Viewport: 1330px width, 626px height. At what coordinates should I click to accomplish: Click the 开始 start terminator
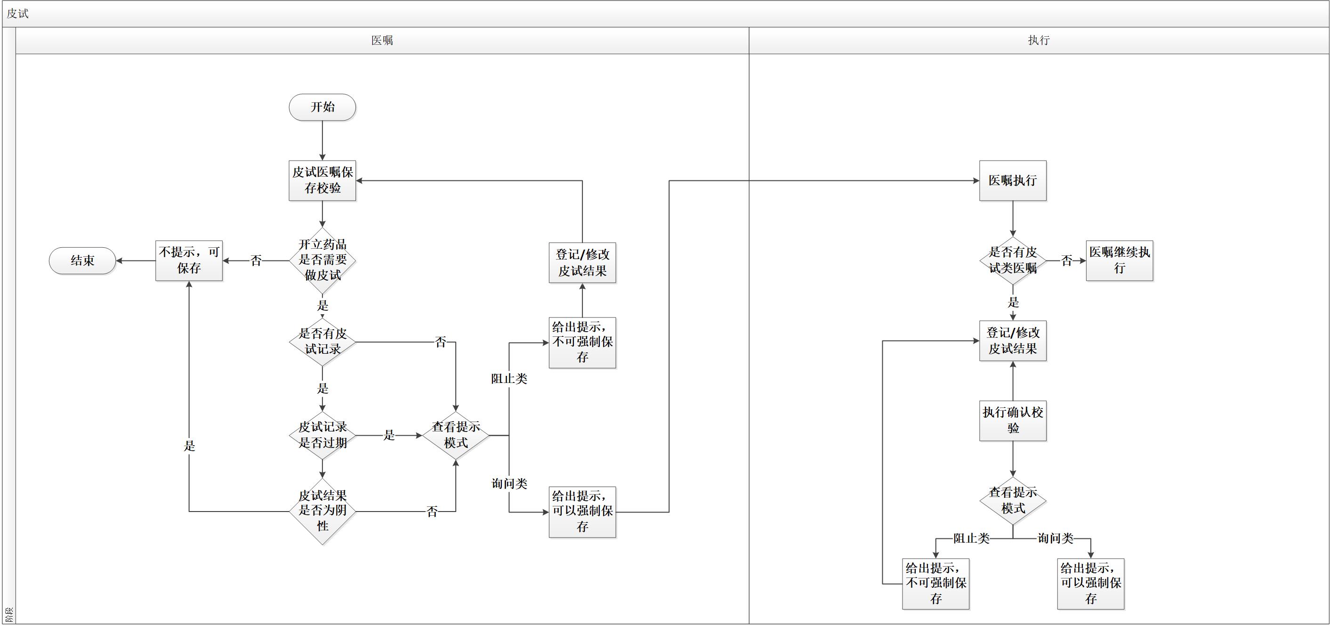[x=322, y=107]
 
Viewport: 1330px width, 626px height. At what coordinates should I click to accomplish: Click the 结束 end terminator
[x=82, y=260]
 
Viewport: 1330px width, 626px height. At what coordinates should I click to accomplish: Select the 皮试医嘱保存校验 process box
[x=322, y=180]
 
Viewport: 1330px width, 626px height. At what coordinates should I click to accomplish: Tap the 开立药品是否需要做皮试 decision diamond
[x=322, y=260]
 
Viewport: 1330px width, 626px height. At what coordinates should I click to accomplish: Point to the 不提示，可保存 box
[x=189, y=260]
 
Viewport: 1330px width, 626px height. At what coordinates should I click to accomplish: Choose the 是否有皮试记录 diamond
[x=322, y=341]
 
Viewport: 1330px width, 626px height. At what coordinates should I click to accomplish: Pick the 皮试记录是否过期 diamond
[x=322, y=435]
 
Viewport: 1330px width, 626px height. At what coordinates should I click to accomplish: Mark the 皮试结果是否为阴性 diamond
[x=322, y=512]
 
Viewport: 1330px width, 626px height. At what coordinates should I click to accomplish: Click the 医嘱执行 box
[x=1013, y=180]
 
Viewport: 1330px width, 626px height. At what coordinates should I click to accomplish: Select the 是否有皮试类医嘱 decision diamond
[x=1013, y=260]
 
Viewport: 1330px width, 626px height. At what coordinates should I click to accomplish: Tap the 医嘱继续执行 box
[x=1120, y=260]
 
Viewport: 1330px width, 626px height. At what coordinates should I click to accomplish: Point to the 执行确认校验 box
[x=1013, y=421]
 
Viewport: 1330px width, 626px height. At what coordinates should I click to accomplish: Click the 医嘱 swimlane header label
[x=382, y=41]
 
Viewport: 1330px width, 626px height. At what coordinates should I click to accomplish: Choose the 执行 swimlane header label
[x=1039, y=41]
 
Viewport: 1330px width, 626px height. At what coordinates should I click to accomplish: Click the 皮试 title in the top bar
[x=17, y=14]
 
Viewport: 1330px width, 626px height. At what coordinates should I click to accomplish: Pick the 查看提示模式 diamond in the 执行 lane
[x=1013, y=501]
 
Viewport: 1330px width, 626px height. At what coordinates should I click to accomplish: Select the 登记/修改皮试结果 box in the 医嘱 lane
[x=582, y=263]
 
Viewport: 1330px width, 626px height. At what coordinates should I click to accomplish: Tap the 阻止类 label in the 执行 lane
[x=971, y=538]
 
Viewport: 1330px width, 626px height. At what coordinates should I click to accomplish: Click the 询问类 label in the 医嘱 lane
[x=509, y=483]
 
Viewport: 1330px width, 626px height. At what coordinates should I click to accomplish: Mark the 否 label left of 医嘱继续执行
[x=1067, y=261]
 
